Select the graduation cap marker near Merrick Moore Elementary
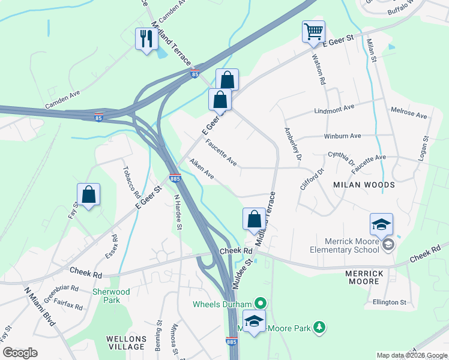[x=381, y=224]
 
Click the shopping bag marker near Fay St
[x=88, y=194]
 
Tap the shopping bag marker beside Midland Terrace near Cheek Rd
[x=254, y=220]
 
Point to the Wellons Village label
[x=126, y=343]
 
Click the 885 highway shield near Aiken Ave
[x=175, y=178]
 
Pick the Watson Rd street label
[x=318, y=69]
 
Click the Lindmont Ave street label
[x=334, y=110]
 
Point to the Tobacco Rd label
[x=131, y=182]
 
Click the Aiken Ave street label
[x=202, y=169]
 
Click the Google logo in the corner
[x=20, y=353]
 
